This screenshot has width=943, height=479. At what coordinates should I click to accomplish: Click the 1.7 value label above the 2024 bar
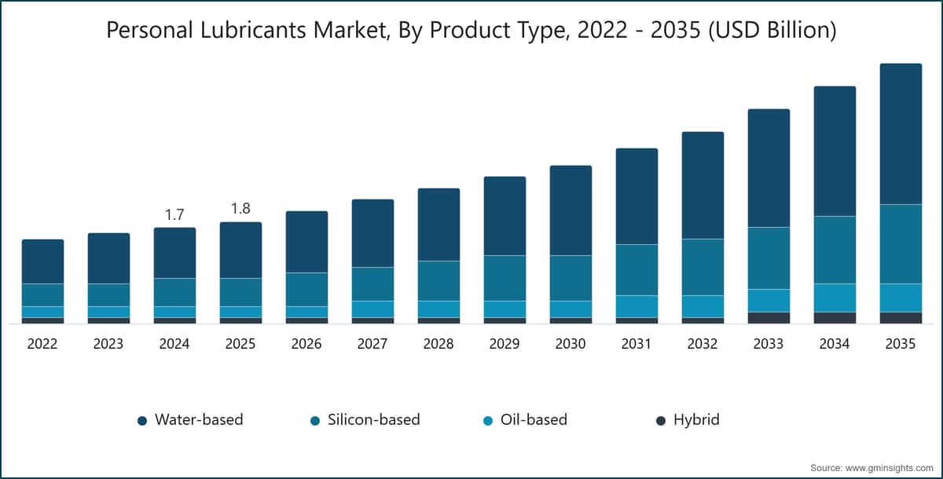[x=174, y=215]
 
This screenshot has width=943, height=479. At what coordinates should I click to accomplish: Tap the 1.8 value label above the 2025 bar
[x=240, y=209]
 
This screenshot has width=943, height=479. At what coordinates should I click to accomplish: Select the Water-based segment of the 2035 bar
[x=901, y=134]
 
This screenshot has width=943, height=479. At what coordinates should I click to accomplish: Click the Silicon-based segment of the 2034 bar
[x=835, y=250]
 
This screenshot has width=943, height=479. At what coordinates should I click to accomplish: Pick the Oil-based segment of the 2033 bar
[x=769, y=301]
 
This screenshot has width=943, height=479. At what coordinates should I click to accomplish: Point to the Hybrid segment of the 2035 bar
[x=901, y=318]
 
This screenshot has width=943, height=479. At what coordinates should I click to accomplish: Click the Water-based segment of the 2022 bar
[x=42, y=261]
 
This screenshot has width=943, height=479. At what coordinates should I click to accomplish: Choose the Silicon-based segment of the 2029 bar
[x=505, y=278]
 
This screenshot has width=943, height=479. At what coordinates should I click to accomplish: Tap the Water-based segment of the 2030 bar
[x=571, y=210]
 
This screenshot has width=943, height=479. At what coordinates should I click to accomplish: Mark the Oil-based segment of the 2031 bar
[x=637, y=306]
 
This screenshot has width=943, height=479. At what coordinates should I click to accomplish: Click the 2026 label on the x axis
[x=306, y=344]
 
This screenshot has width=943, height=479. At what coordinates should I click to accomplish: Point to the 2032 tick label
[x=703, y=344]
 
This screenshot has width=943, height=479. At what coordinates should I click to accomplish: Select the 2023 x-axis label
[x=108, y=344]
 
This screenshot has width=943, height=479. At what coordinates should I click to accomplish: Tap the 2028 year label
[x=438, y=344]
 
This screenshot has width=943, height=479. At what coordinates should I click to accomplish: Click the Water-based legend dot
[x=142, y=421]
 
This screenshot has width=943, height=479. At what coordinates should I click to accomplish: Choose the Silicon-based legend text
[x=374, y=419]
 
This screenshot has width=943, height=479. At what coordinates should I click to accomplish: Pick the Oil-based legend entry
[x=526, y=419]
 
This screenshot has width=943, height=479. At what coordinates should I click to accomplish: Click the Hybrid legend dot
[x=661, y=421]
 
